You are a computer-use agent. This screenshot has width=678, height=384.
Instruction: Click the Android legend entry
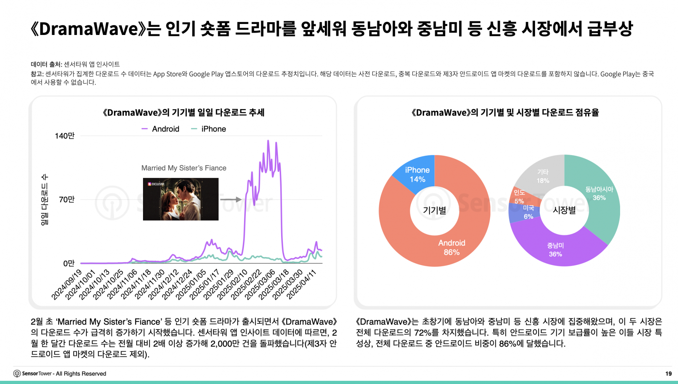pyautogui.click(x=160, y=129)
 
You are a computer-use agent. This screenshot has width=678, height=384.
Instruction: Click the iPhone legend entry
pyautogui.click(x=208, y=129)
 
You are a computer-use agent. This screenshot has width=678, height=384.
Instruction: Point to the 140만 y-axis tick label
pyautogui.click(x=65, y=136)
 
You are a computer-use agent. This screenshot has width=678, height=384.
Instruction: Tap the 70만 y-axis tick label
pyautogui.click(x=67, y=199)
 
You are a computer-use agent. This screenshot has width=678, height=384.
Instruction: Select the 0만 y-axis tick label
pyautogui.click(x=69, y=263)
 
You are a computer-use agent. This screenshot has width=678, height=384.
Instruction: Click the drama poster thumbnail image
pyautogui.click(x=181, y=199)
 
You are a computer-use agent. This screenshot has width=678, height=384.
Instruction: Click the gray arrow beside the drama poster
pyautogui.click(x=231, y=199)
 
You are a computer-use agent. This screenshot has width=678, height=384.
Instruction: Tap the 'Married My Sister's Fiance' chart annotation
pyautogui.click(x=184, y=168)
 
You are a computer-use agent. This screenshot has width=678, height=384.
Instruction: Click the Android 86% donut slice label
pyautogui.click(x=452, y=247)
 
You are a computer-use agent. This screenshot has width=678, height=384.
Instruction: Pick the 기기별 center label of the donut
pyautogui.click(x=434, y=210)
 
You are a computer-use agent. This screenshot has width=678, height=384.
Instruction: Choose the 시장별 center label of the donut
pyautogui.click(x=564, y=210)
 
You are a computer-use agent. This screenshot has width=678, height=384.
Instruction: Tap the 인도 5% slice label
pyautogui.click(x=519, y=197)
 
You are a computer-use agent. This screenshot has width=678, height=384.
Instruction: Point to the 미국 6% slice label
pyautogui.click(x=528, y=212)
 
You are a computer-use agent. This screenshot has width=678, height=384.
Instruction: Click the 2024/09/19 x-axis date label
pyautogui.click(x=67, y=284)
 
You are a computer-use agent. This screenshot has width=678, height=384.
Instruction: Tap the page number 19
pyautogui.click(x=668, y=373)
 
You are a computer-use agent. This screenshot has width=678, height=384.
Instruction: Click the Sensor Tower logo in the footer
pyautogui.click(x=17, y=373)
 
